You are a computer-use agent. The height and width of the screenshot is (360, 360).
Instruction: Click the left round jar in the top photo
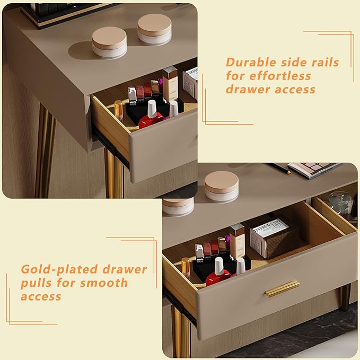click(109, 41)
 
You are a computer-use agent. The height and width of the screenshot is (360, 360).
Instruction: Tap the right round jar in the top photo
click(154, 29)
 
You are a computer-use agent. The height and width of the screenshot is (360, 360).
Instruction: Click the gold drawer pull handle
click(282, 288)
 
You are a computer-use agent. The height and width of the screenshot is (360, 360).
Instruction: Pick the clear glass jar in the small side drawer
click(339, 202)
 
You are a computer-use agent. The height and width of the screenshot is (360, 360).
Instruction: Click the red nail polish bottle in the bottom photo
click(218, 273)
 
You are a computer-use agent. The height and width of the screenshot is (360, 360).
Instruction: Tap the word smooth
click(100, 283)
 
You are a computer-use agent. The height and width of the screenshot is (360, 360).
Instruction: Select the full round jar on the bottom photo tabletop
click(222, 186)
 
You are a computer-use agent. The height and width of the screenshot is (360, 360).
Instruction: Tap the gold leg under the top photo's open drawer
click(113, 172)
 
